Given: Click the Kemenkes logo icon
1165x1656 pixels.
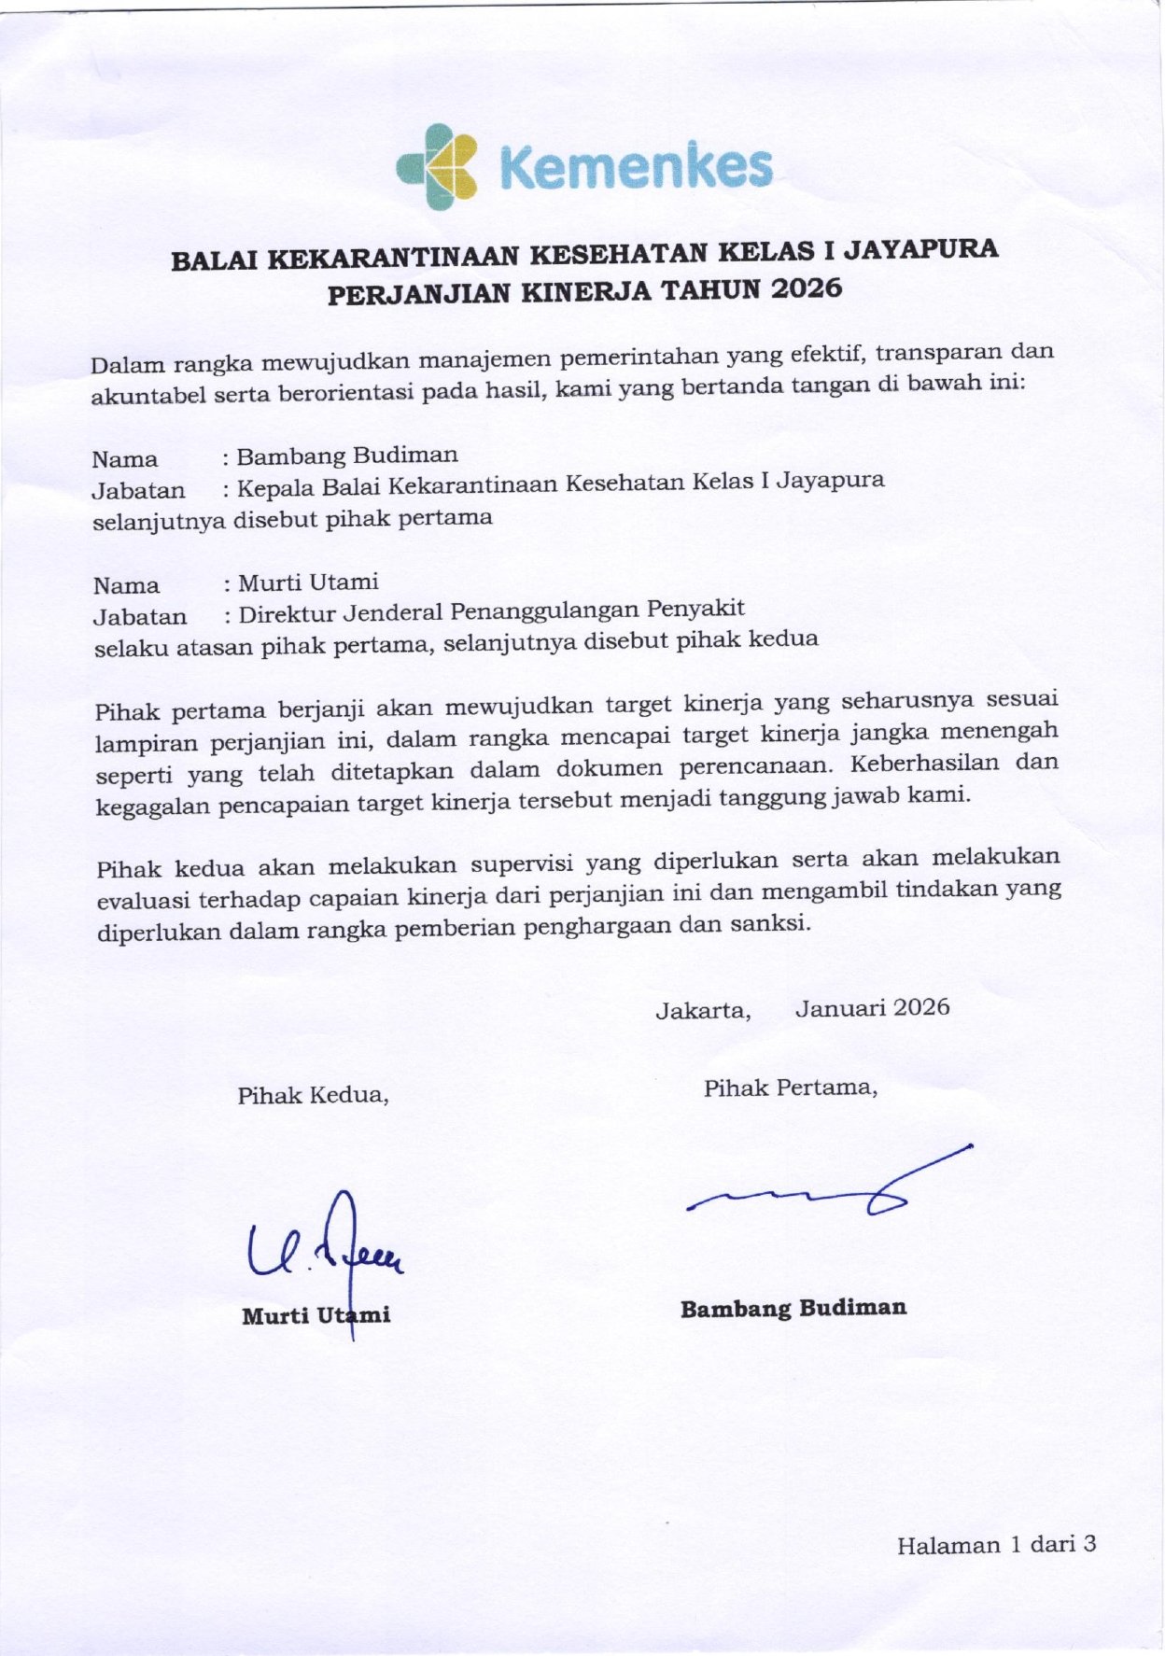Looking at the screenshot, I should [x=438, y=166].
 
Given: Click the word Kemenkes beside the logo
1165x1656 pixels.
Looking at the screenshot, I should [x=636, y=168].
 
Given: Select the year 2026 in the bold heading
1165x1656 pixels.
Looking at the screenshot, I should [x=807, y=288].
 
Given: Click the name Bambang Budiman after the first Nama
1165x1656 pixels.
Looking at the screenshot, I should [x=347, y=456].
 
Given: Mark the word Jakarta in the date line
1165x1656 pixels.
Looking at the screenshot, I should [x=703, y=1011].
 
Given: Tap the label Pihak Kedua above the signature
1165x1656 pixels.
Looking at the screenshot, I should [x=313, y=1095].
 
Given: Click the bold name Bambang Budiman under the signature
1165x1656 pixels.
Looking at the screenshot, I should [x=793, y=1309].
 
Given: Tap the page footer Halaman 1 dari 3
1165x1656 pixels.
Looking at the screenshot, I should [x=996, y=1545].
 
